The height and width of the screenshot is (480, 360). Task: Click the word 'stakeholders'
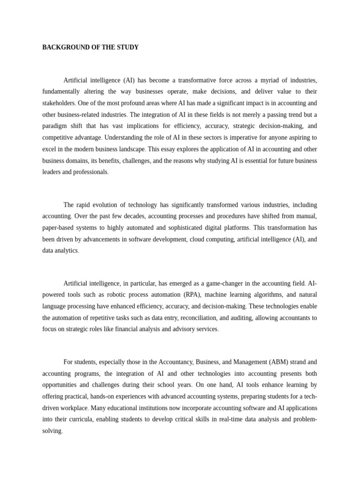pyautogui.click(x=59, y=103)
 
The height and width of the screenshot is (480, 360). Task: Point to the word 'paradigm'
pyautogui.click(x=55, y=126)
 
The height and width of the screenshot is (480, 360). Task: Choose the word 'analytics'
pyautogui.click(x=66, y=251)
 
